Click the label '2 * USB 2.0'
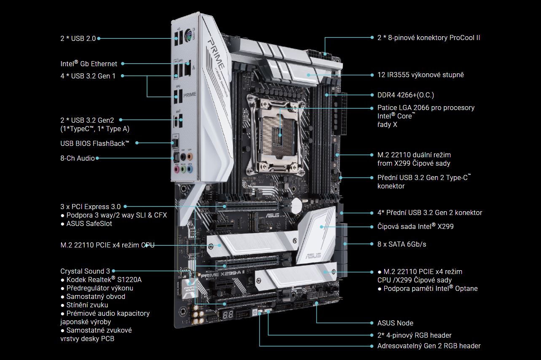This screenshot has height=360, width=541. point(78,38)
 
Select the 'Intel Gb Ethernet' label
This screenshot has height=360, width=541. point(88,64)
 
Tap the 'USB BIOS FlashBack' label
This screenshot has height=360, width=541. point(95,143)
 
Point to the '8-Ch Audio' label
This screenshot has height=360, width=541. point(77,158)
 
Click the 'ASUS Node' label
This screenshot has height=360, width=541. point(395,323)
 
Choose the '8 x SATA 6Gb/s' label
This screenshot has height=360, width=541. point(402,244)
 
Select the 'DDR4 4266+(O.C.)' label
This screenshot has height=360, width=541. point(405,95)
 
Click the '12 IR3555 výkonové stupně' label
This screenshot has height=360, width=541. point(420,75)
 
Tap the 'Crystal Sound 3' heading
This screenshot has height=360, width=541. point(85,271)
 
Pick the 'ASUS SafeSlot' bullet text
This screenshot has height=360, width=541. point(89,223)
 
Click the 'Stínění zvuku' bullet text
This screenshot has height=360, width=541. point(87,305)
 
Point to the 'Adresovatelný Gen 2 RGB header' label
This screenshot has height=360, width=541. point(429,346)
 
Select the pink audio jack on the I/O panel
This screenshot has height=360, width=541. point(177,169)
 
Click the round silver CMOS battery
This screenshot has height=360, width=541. point(296,206)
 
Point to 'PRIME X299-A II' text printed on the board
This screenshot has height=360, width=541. point(223,274)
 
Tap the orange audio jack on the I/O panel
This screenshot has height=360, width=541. point(190,156)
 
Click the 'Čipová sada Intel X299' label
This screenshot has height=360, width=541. point(415,226)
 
